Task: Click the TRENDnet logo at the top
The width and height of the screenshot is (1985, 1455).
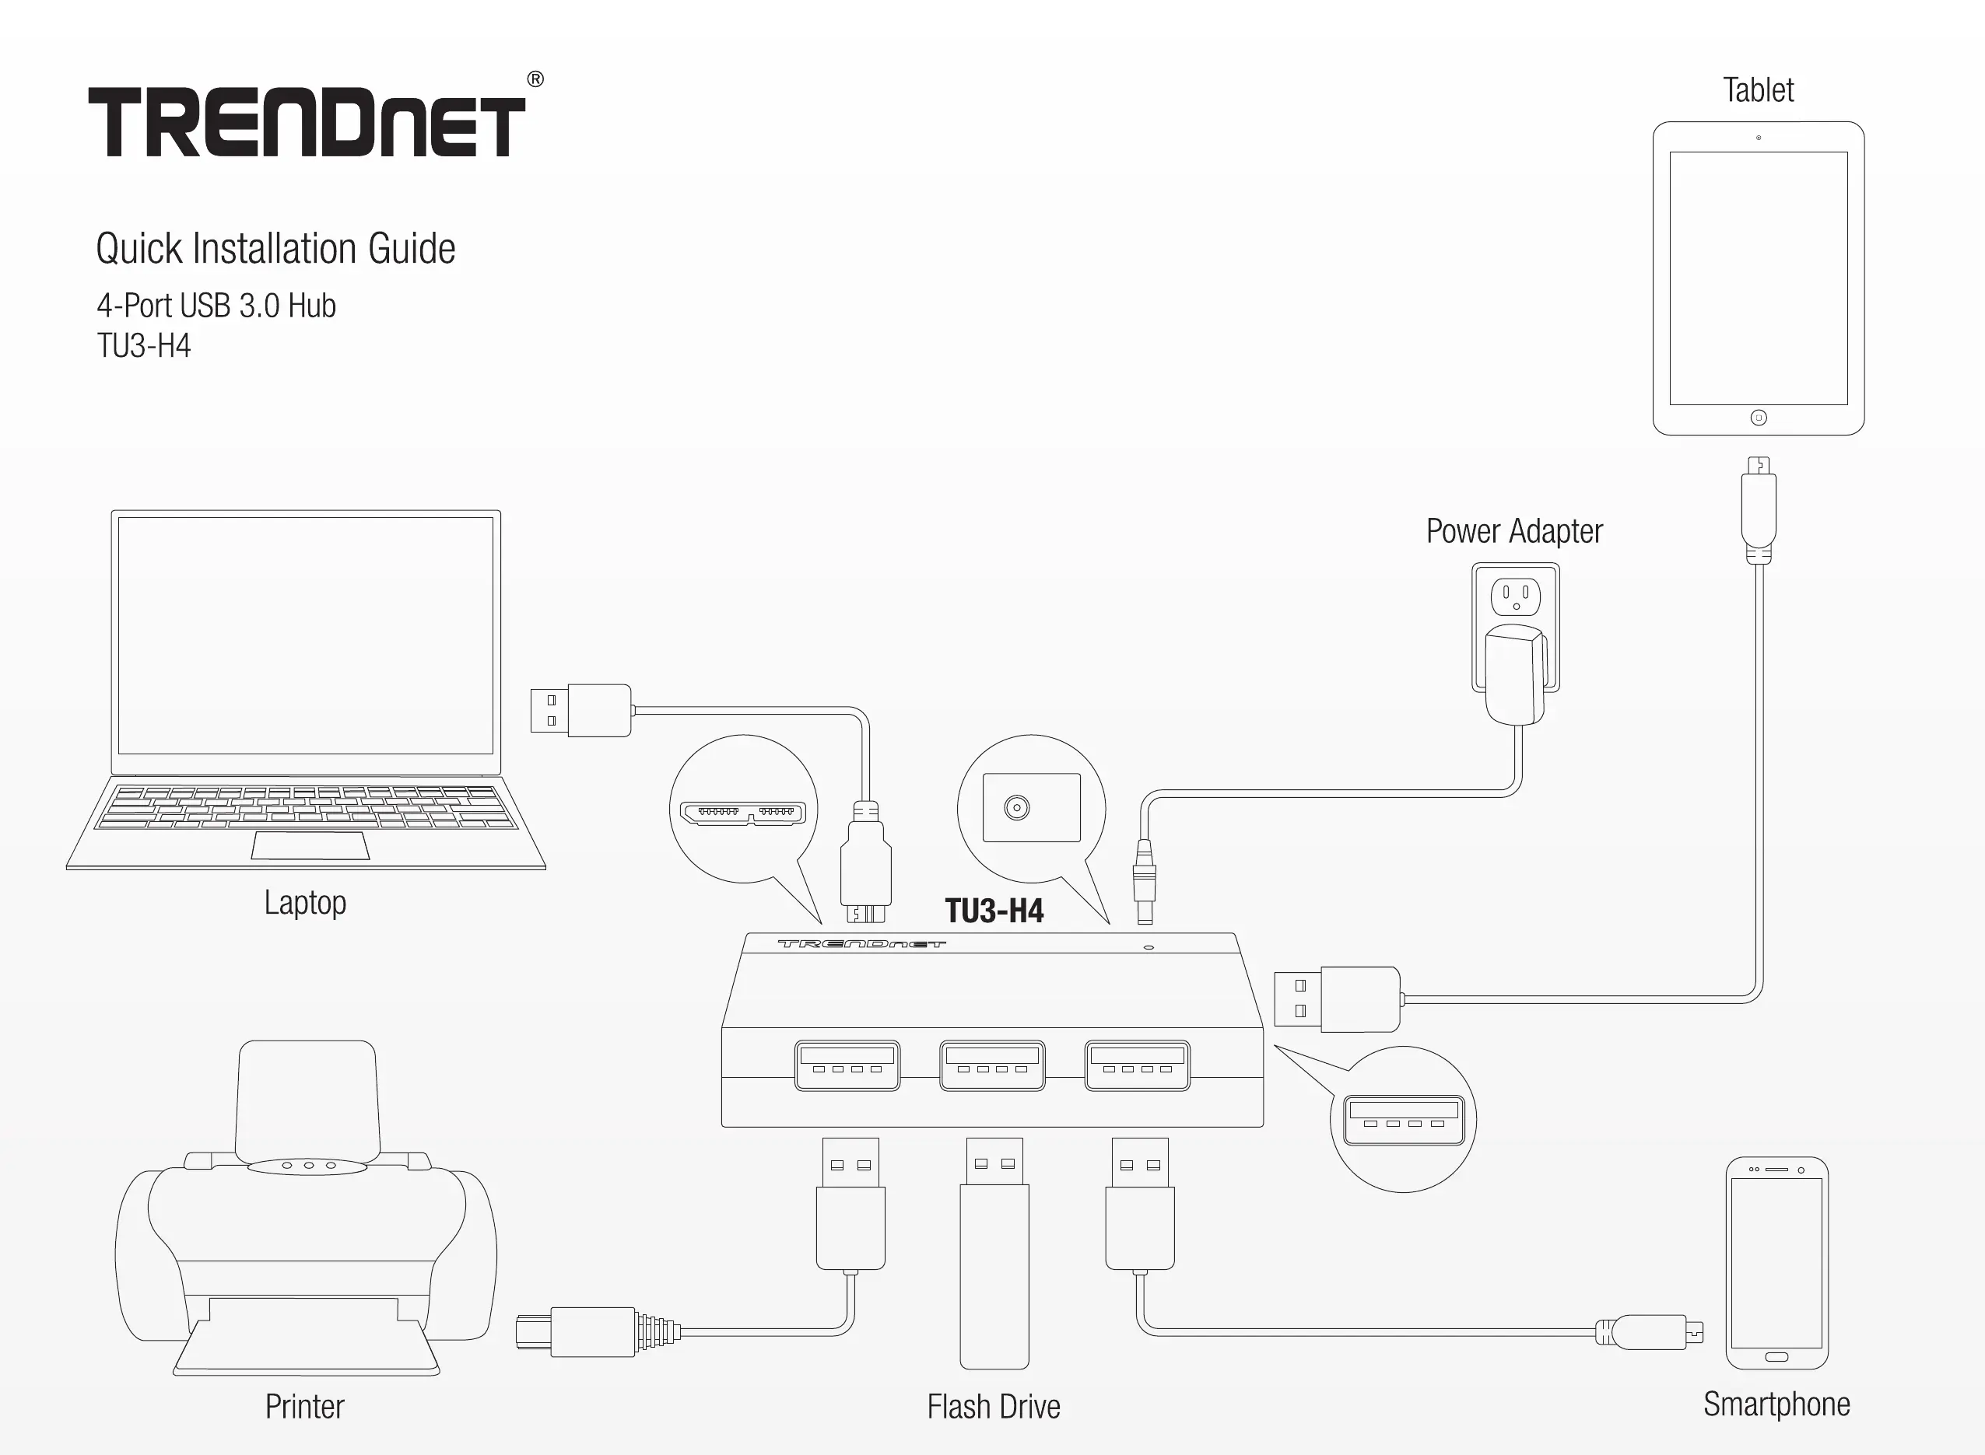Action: [x=307, y=121]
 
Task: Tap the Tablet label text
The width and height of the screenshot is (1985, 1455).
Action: [x=1758, y=90]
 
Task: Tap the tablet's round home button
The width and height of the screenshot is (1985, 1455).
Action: [x=1759, y=418]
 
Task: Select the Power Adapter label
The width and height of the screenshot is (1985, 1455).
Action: [x=1513, y=531]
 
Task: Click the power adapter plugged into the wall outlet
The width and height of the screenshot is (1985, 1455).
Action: [x=1516, y=673]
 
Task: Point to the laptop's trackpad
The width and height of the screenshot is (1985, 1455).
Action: [x=310, y=845]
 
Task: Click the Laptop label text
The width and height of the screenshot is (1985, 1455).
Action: [x=305, y=902]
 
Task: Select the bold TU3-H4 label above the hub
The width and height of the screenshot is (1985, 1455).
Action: [x=994, y=911]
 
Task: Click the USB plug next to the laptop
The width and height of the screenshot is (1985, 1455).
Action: [x=581, y=710]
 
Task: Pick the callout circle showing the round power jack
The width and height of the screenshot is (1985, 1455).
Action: [x=1031, y=808]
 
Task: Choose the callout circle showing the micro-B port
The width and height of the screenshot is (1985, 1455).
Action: [x=744, y=810]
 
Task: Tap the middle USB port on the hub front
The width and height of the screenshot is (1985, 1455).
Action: [x=992, y=1065]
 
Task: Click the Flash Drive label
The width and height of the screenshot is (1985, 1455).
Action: [x=993, y=1407]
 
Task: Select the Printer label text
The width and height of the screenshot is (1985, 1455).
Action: [x=304, y=1407]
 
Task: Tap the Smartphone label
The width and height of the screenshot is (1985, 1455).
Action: [x=1776, y=1404]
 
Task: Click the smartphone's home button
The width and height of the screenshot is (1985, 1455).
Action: [x=1777, y=1357]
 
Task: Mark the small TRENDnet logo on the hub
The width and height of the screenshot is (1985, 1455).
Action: [x=861, y=944]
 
